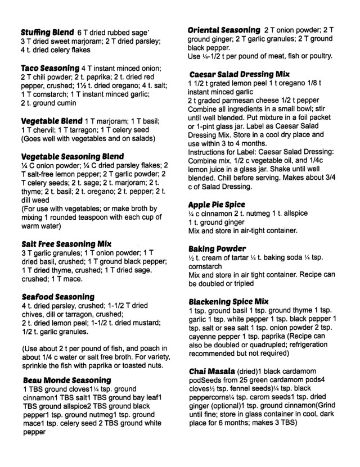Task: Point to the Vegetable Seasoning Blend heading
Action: click(x=71, y=156)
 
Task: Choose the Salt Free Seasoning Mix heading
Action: click(x=65, y=243)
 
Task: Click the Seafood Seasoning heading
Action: click(x=57, y=296)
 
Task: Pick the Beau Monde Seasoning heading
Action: click(x=67, y=380)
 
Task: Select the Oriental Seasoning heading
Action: click(x=223, y=29)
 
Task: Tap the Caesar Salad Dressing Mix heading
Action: click(x=239, y=74)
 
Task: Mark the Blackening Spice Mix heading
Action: click(x=228, y=301)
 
